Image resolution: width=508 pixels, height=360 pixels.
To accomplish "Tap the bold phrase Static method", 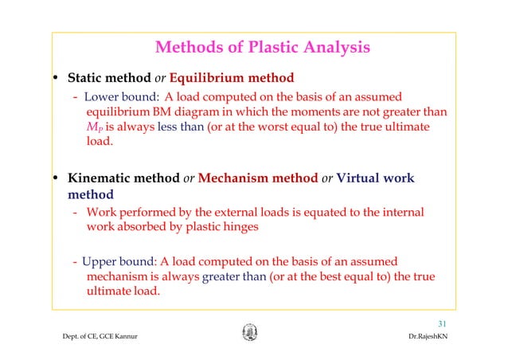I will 100,79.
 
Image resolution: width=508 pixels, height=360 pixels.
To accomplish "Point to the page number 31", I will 444,323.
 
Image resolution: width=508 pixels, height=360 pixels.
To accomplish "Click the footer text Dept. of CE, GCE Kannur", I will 95,340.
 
